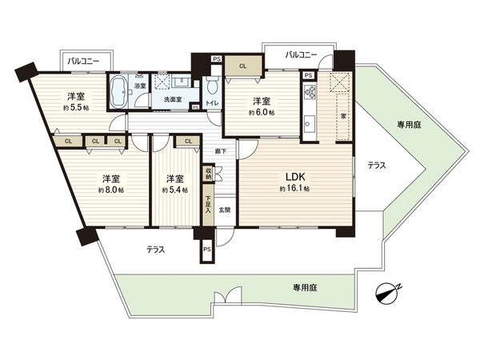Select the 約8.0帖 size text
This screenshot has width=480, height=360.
(x=110, y=190)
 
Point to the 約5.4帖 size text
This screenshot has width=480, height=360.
(x=175, y=190)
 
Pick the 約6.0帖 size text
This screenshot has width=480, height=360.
(x=261, y=113)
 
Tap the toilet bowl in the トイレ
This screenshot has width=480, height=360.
(x=211, y=88)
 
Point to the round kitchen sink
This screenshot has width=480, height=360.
(x=308, y=124)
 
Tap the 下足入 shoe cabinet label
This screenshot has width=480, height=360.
(x=208, y=207)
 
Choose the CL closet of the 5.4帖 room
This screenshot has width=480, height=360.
(x=187, y=142)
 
